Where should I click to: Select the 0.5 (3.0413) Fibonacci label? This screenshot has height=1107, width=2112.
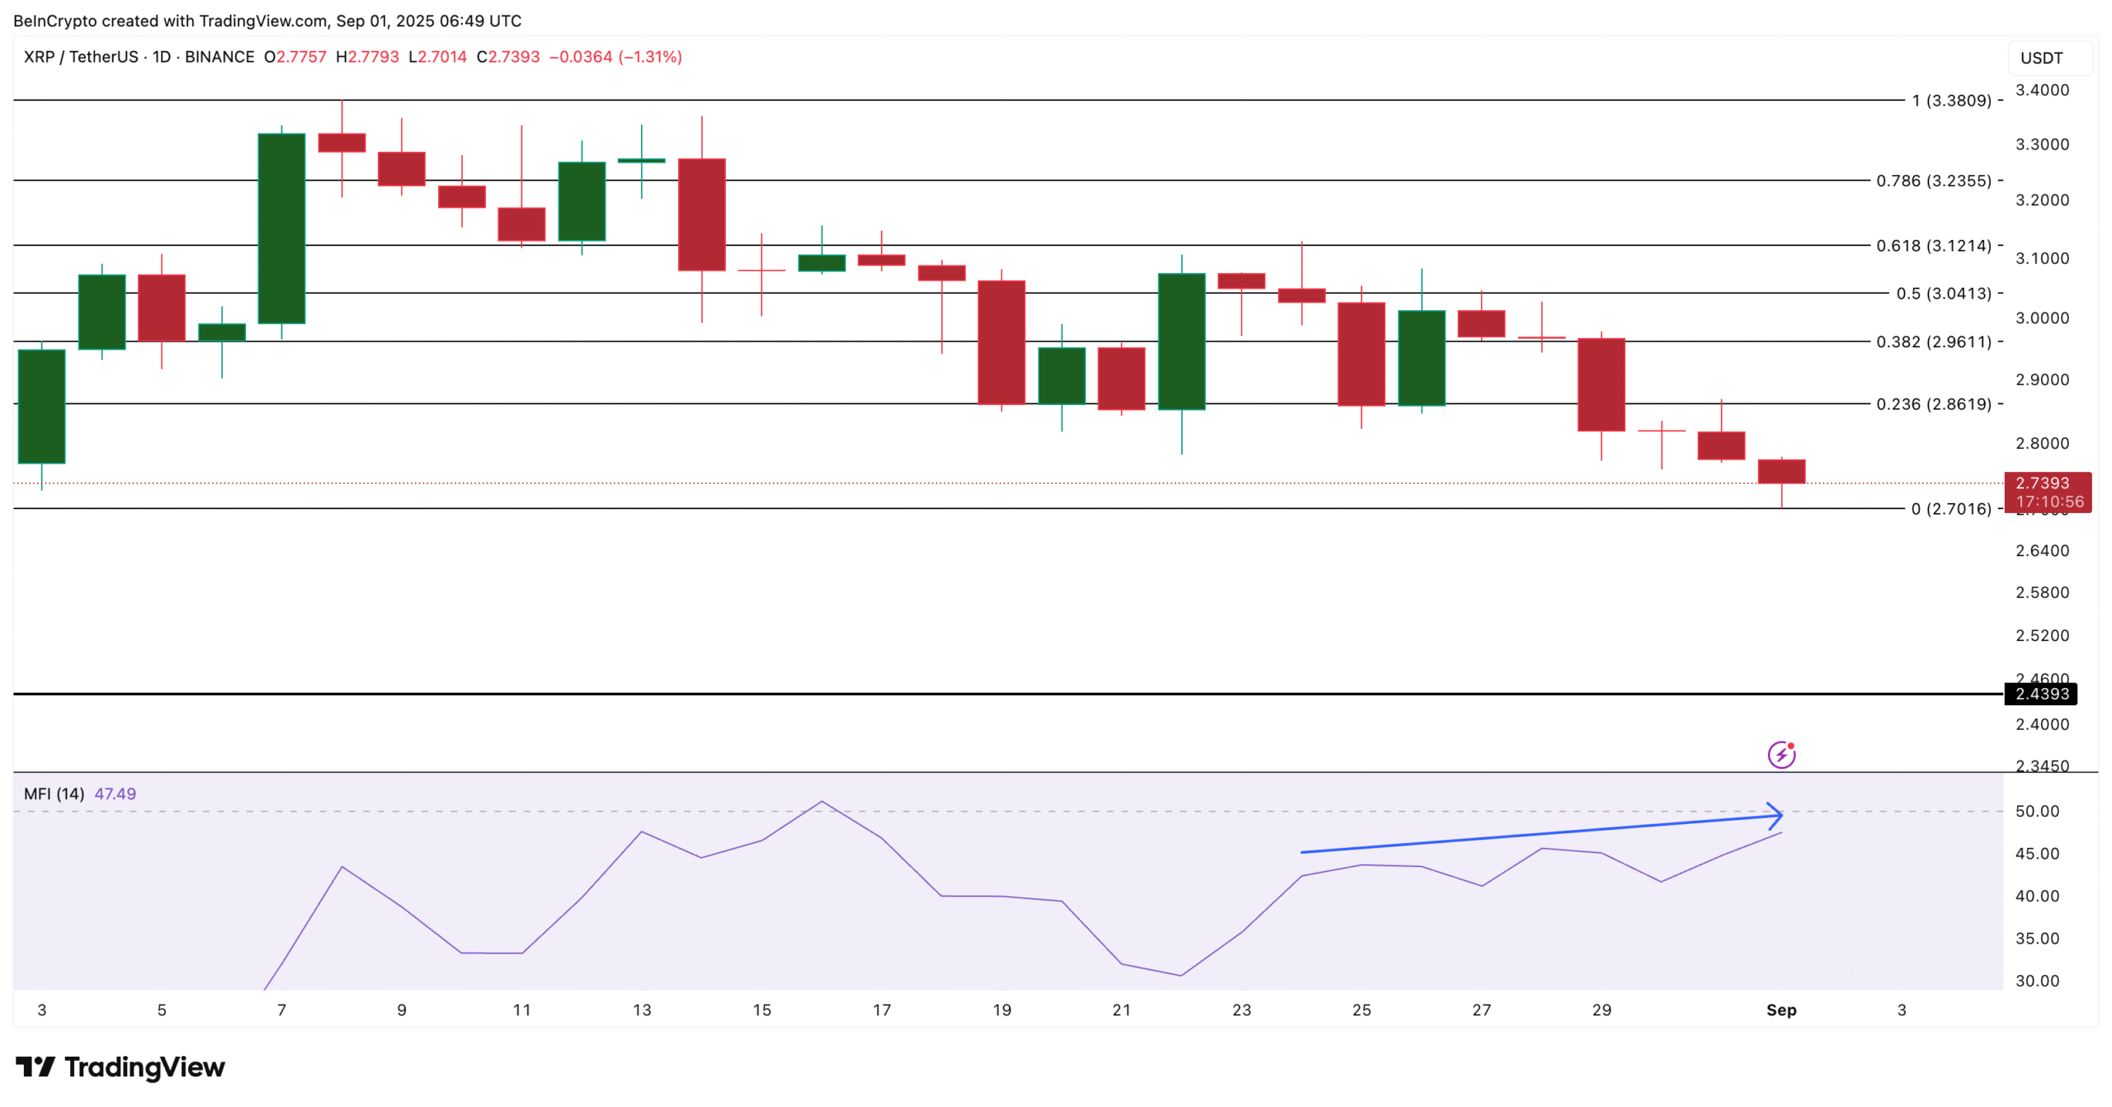coord(1943,294)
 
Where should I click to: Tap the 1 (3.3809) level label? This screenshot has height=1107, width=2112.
coord(1951,101)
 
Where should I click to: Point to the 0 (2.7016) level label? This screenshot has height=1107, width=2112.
coord(1951,509)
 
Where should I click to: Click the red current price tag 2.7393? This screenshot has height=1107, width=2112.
coord(2047,492)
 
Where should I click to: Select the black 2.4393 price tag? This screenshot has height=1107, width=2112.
coord(2041,694)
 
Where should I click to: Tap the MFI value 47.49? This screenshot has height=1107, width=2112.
coord(115,794)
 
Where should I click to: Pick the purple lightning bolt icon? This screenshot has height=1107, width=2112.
coord(1781,754)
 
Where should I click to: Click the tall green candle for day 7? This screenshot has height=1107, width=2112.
coord(281,228)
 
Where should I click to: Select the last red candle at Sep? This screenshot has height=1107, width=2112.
coord(1781,471)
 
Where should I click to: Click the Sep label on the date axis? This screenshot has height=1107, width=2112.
coord(1781,1010)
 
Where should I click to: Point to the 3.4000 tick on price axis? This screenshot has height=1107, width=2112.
coord(2042,90)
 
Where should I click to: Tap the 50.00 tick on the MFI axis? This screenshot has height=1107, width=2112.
coord(2037,811)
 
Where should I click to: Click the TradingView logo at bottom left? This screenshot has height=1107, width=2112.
coord(120,1067)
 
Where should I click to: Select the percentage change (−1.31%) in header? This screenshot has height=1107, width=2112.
coord(650,57)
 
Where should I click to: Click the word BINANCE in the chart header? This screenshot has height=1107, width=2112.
coord(219,57)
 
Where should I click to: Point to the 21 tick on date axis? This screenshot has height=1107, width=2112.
coord(1121,1010)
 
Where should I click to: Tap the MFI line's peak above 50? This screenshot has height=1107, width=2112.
coord(822,801)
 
